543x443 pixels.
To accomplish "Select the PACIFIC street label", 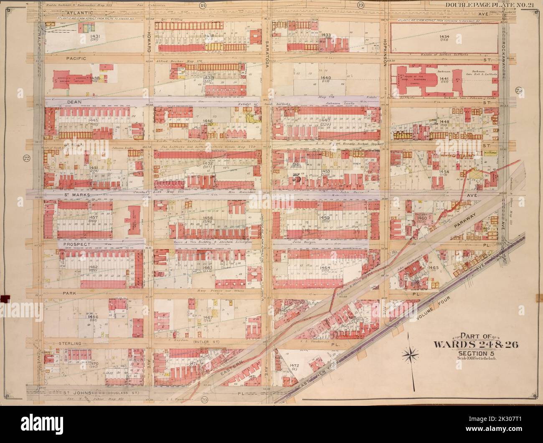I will point(76,59).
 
